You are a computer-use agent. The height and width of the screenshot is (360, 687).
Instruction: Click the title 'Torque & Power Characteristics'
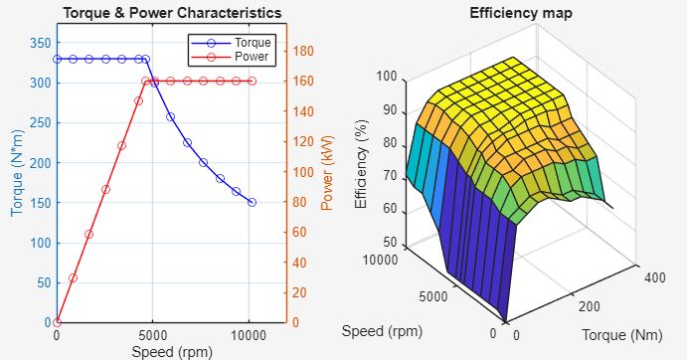click(171, 13)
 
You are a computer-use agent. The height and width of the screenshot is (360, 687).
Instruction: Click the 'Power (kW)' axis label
click(327, 172)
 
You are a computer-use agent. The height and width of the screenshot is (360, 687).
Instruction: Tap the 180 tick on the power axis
click(302, 51)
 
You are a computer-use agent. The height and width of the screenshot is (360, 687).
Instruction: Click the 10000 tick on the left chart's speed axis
click(249, 336)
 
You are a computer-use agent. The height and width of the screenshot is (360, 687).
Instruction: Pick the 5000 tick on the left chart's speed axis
click(152, 336)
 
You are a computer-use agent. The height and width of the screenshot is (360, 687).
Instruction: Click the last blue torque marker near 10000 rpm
click(252, 202)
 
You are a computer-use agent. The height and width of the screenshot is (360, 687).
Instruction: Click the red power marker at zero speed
click(57, 322)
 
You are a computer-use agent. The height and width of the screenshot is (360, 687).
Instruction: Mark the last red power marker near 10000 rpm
click(252, 81)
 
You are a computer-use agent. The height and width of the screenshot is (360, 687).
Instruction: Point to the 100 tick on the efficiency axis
click(386, 77)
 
